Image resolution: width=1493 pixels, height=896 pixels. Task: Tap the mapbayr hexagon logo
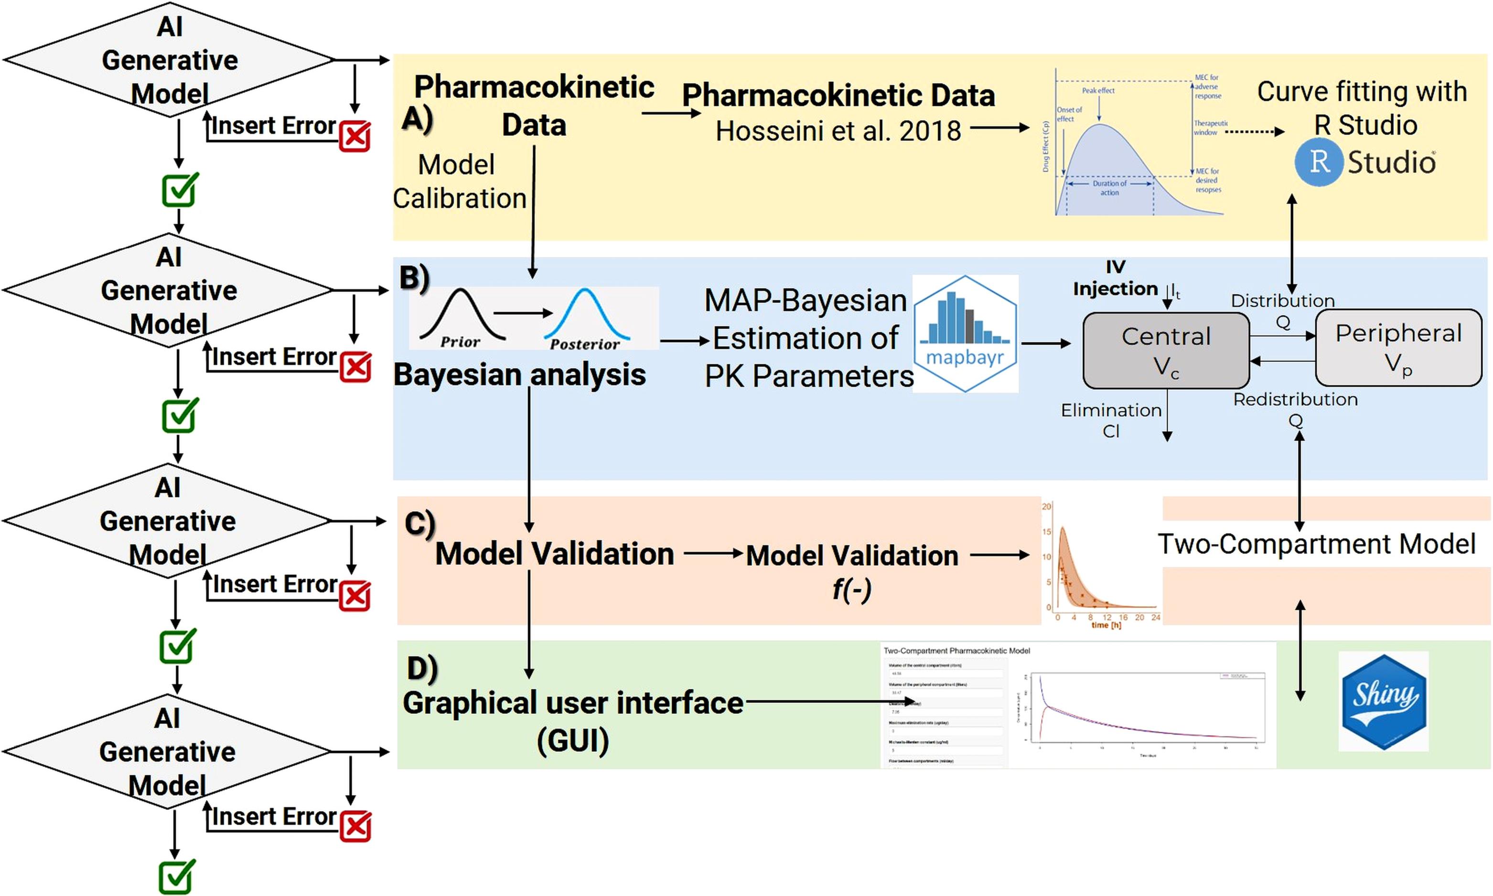pyautogui.click(x=965, y=334)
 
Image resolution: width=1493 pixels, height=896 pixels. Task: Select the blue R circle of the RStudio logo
pyautogui.click(x=1320, y=162)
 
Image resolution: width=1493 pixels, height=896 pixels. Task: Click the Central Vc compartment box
pyautogui.click(x=1166, y=350)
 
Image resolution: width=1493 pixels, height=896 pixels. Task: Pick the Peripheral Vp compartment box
pyautogui.click(x=1398, y=348)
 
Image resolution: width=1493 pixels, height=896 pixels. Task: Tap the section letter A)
pyautogui.click(x=417, y=118)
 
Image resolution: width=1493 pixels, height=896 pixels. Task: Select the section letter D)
pyautogui.click(x=421, y=668)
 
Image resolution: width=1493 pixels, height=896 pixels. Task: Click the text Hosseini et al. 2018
pyautogui.click(x=838, y=131)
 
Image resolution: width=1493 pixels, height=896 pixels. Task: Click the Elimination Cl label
pyautogui.click(x=1111, y=420)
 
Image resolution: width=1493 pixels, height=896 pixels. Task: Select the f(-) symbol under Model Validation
pyautogui.click(x=851, y=589)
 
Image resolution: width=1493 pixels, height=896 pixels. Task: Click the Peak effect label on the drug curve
pyautogui.click(x=1098, y=91)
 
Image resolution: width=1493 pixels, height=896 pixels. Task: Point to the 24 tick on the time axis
pyautogui.click(x=1155, y=618)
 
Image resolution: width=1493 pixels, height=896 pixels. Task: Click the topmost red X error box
pyautogui.click(x=354, y=137)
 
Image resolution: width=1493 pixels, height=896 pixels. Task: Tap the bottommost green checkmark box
pyautogui.click(x=177, y=877)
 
